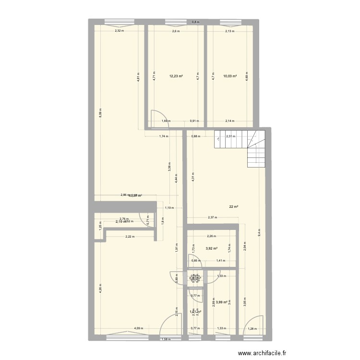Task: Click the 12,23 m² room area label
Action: click(176, 75)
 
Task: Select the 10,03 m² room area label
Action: click(230, 75)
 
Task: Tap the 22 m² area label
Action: click(233, 207)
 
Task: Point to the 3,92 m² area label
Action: click(212, 248)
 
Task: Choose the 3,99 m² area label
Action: click(222, 302)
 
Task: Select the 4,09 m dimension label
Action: click(137, 329)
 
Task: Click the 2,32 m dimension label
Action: click(119, 31)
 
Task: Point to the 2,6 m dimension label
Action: click(176, 31)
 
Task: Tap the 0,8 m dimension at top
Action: click(195, 22)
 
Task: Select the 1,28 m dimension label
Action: click(252, 329)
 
